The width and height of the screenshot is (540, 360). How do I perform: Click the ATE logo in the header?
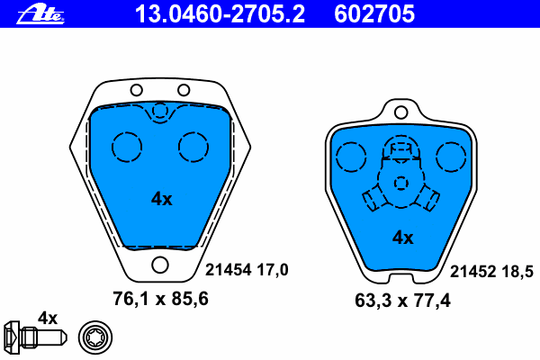40,14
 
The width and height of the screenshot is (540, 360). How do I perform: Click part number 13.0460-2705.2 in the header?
220,14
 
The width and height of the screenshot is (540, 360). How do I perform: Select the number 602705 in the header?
374,14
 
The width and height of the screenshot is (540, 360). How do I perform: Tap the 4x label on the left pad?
161,199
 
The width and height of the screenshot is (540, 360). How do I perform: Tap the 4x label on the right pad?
402,238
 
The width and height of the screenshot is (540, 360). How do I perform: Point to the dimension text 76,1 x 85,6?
160,299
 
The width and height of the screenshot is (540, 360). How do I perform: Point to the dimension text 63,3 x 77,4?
402,301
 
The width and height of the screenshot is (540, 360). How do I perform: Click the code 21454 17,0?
247,270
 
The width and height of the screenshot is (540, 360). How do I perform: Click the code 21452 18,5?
491,272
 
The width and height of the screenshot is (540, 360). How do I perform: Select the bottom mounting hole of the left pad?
160,265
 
